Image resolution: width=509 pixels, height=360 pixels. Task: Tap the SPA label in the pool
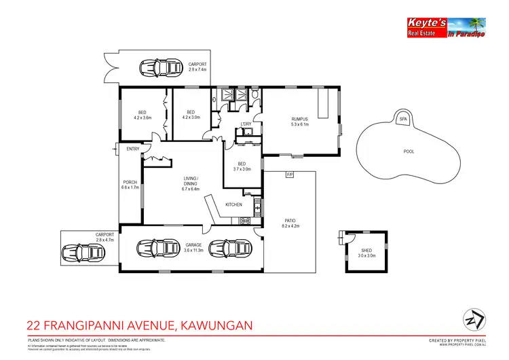coord(402,119)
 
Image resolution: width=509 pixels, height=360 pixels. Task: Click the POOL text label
coord(409,151)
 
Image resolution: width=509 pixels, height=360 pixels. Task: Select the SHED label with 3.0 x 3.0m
coord(366,253)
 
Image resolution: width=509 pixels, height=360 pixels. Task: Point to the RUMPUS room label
coord(299,121)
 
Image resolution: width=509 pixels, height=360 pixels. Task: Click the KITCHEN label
coord(234,204)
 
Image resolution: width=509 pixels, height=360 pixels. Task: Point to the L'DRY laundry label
coord(246,124)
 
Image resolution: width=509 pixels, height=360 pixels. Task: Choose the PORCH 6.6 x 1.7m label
coord(130,184)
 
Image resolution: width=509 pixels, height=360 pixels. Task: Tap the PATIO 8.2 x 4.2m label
coord(290,223)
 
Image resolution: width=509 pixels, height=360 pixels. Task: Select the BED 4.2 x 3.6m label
coord(143,115)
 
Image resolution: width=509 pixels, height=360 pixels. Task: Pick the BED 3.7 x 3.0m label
coord(242,166)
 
